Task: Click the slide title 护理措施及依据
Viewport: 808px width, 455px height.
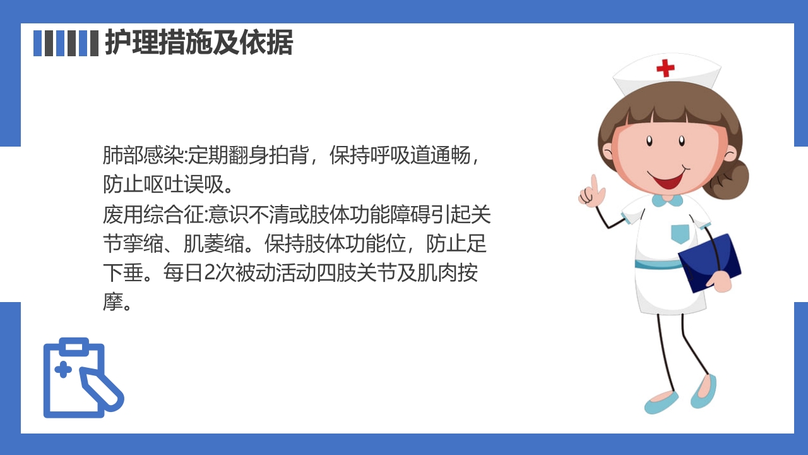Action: coord(198,43)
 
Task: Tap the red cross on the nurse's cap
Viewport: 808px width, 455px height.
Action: coord(665,68)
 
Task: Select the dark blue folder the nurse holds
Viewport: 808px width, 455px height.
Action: coord(710,262)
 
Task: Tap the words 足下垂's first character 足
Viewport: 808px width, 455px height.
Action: coord(477,245)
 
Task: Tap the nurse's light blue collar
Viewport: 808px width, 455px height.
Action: coord(668,201)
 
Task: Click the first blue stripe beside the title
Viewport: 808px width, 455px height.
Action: coord(37,43)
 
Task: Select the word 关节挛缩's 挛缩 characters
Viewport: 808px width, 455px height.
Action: coord(142,245)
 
